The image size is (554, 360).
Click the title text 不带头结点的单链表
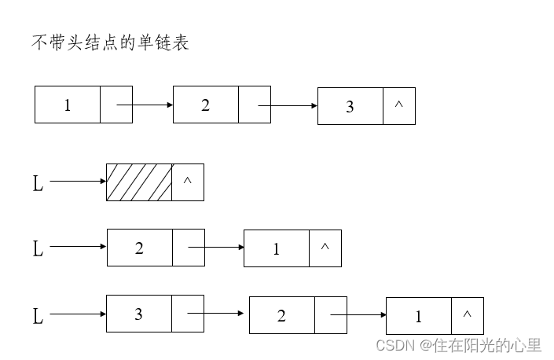pyautogui.click(x=110, y=43)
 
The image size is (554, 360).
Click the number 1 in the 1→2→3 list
pyautogui.click(x=68, y=105)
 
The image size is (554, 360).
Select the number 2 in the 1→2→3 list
pyautogui.click(x=205, y=105)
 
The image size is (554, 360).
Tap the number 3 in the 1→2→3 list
pyautogui.click(x=350, y=106)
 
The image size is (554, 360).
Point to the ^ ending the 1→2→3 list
pyautogui.click(x=398, y=105)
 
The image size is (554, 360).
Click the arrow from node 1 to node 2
pyautogui.click(x=145, y=105)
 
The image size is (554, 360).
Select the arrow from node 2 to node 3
pyautogui.click(x=288, y=105)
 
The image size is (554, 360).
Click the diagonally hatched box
pyautogui.click(x=139, y=182)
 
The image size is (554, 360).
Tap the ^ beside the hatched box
pyautogui.click(x=187, y=182)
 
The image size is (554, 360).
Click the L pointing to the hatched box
pyautogui.click(x=38, y=184)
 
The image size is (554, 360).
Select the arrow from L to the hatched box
pyautogui.click(x=78, y=182)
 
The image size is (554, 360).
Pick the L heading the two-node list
pyautogui.click(x=38, y=249)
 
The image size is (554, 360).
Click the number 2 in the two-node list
pyautogui.click(x=139, y=248)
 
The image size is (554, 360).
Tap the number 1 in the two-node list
pyautogui.click(x=276, y=249)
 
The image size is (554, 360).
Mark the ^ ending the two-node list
pyautogui.click(x=325, y=248)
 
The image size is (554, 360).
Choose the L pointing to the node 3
pyautogui.click(x=38, y=317)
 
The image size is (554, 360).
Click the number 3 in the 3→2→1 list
pyautogui.click(x=139, y=314)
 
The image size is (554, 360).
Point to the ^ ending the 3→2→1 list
pyautogui.click(x=467, y=314)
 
